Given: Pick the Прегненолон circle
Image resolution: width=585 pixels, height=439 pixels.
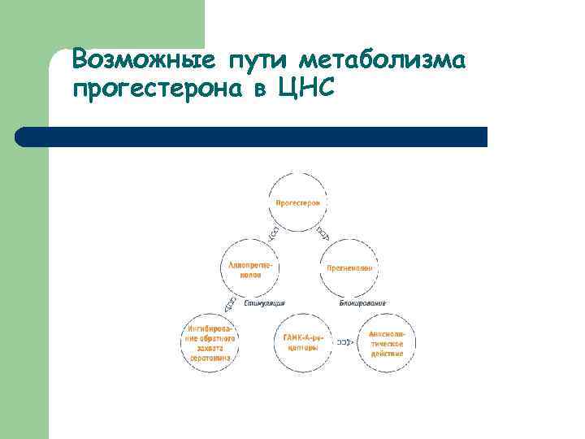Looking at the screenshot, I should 350,268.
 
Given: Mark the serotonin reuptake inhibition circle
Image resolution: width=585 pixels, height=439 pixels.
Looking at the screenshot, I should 211,342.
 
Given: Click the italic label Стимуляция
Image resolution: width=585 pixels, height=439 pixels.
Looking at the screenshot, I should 264,302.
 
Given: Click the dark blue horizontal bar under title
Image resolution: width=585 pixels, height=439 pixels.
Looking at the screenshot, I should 252,137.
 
